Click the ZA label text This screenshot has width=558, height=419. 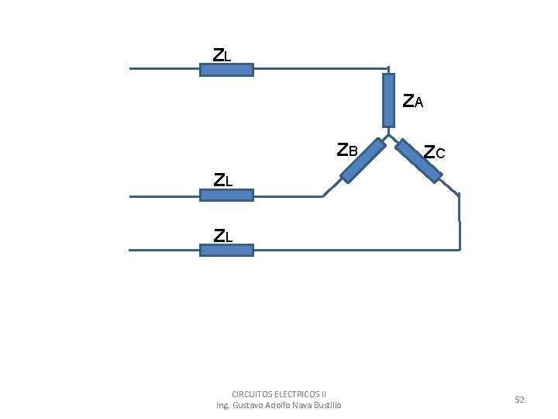413,101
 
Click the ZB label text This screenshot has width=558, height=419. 348,150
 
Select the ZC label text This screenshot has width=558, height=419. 435,152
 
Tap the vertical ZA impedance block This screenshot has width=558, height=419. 388,100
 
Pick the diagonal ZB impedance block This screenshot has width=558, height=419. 363,161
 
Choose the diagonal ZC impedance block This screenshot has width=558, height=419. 418,161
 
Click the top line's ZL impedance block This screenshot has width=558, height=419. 226,69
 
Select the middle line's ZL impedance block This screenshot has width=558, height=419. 226,196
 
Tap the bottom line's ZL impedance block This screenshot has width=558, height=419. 226,250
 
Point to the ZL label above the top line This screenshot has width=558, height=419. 222,55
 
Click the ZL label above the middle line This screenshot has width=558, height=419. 223,180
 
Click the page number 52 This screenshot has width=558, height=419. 519,399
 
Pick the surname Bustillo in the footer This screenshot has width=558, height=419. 325,405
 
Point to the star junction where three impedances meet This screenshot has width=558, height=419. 388,134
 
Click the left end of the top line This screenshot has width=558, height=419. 130,68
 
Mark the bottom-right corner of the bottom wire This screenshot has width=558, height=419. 460,250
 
